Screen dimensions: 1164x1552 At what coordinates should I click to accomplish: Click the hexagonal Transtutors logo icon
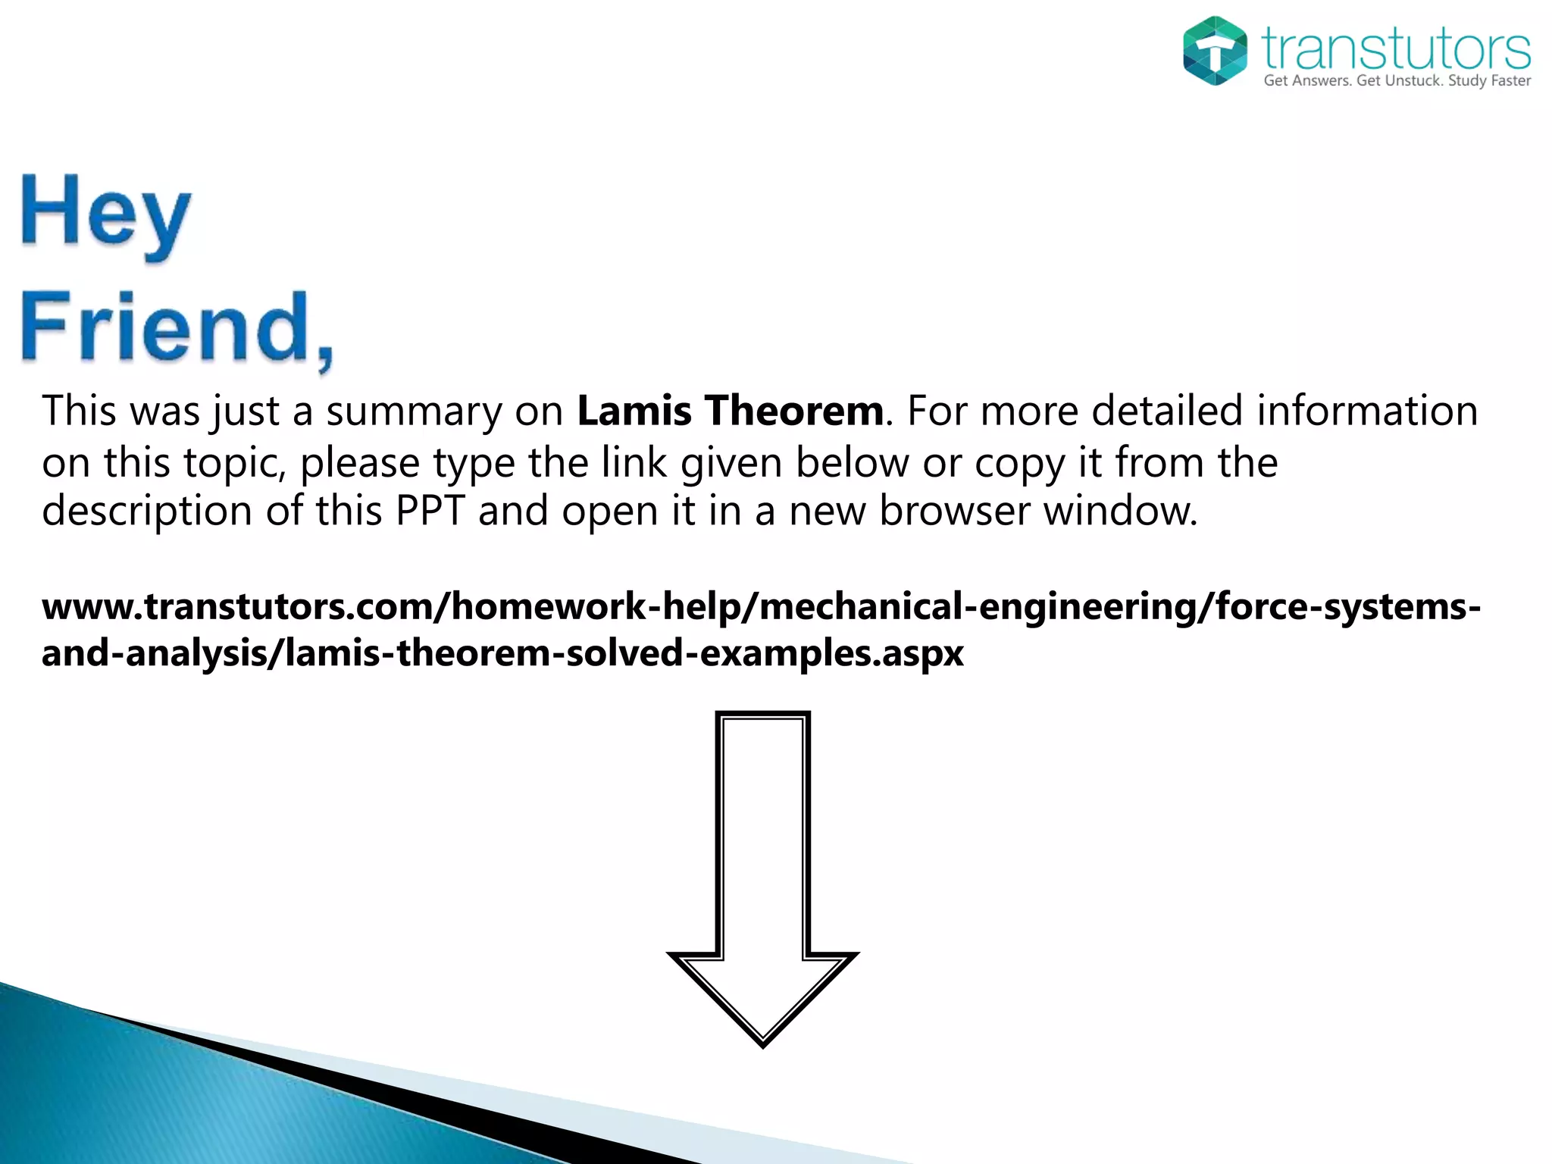pyautogui.click(x=1215, y=51)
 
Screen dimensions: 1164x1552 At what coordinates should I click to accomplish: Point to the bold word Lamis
pyautogui.click(x=634, y=411)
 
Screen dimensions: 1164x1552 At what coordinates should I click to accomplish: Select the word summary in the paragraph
pyautogui.click(x=414, y=412)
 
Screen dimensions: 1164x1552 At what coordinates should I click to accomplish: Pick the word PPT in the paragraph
pyautogui.click(x=429, y=511)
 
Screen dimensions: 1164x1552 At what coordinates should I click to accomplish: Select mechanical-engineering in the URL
pyautogui.click(x=978, y=607)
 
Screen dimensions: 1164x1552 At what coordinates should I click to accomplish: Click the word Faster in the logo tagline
pyautogui.click(x=1511, y=81)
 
